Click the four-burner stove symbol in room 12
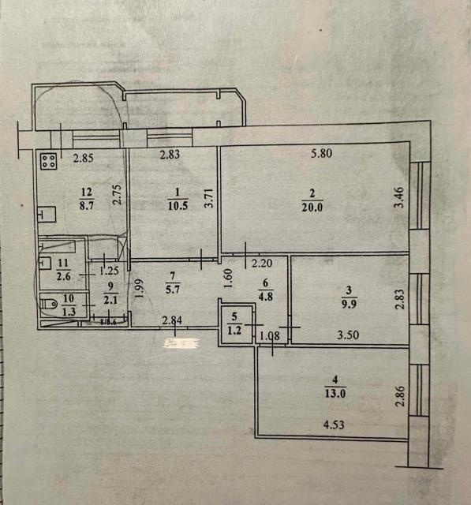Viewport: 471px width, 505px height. click(x=47, y=162)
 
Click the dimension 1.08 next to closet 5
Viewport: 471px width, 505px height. click(x=270, y=337)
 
